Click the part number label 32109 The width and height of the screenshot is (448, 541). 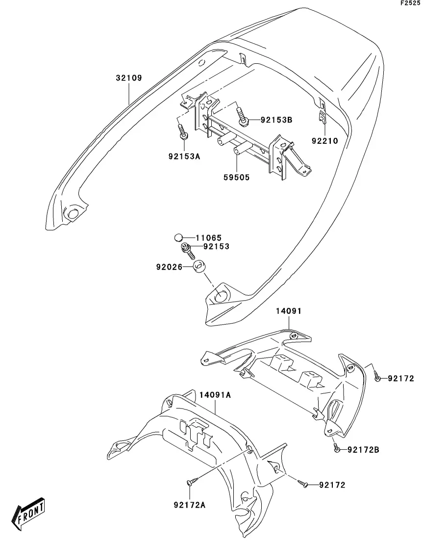pos(129,78)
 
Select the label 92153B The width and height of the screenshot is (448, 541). pos(276,119)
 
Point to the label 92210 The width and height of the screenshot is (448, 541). pos(324,141)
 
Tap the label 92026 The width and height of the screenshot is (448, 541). pos(169,267)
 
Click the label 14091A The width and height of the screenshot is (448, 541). pos(215,394)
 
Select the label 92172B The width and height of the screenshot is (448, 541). pos(363,450)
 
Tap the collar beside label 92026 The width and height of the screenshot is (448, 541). pos(199,268)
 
